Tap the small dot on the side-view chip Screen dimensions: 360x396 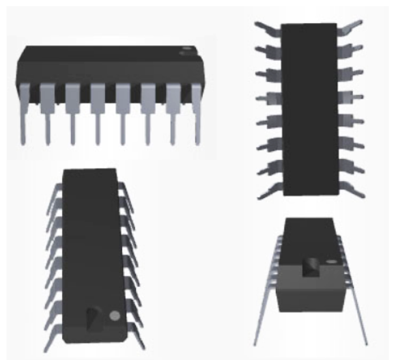pos(185,51)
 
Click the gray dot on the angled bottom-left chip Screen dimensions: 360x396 pos(115,316)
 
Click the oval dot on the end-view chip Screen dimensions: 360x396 pos(333,262)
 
